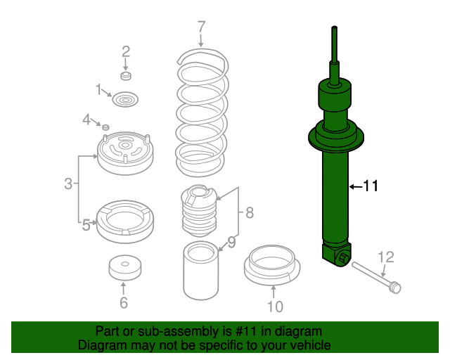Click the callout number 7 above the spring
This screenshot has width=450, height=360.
(x=201, y=27)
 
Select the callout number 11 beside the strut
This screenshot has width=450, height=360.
(x=371, y=186)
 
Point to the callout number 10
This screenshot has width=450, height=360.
(x=274, y=307)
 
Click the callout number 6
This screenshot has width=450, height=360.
(x=123, y=304)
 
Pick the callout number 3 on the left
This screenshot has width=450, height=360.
(x=68, y=184)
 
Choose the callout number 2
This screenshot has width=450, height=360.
(x=126, y=51)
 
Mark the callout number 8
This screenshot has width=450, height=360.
(x=249, y=212)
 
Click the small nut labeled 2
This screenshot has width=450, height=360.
(x=126, y=75)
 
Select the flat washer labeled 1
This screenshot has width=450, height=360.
(x=125, y=101)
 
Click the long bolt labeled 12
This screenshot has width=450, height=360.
(x=373, y=276)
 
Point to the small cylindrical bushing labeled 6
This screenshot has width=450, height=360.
(x=124, y=267)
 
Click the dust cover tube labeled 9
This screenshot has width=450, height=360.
(x=201, y=271)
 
